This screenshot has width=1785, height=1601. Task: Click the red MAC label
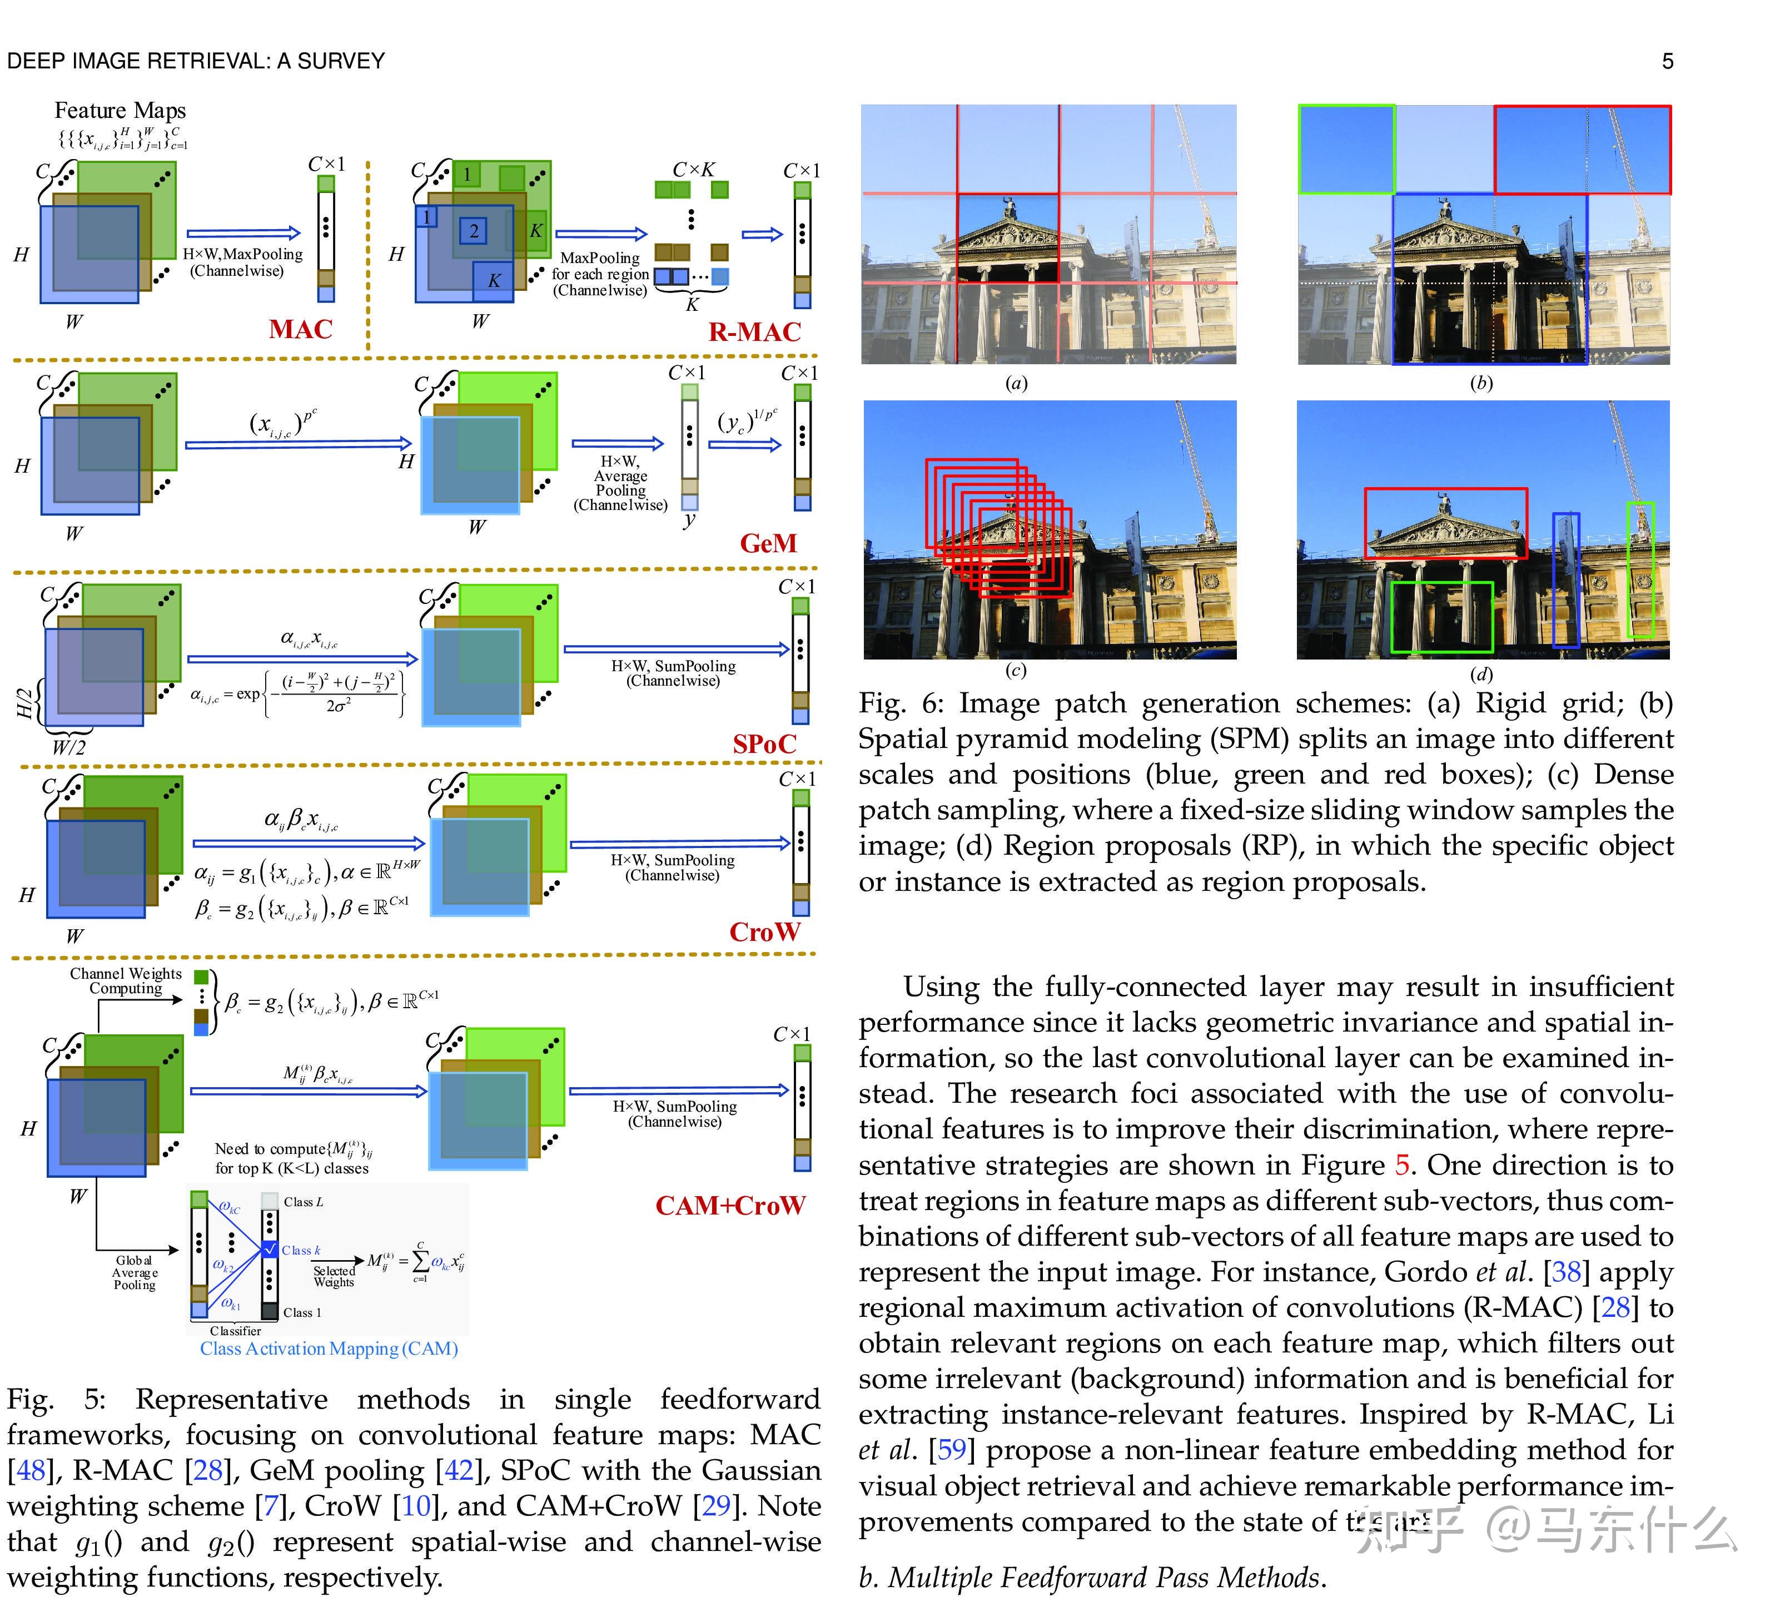301,330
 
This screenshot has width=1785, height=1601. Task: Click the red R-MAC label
754,333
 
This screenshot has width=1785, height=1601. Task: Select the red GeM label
768,544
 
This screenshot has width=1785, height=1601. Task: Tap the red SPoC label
764,744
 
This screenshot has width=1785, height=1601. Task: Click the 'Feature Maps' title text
121,111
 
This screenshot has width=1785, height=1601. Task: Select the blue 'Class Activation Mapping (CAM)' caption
329,1349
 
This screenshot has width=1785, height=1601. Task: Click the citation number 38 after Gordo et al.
1566,1272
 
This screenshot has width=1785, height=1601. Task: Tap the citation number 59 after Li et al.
951,1450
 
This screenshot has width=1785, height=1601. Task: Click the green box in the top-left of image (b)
1346,148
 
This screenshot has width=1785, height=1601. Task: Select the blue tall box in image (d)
1565,581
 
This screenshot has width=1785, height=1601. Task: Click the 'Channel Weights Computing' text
126,981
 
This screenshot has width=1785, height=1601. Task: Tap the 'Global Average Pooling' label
135,1273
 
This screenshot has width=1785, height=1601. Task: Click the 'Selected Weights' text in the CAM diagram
334,1276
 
